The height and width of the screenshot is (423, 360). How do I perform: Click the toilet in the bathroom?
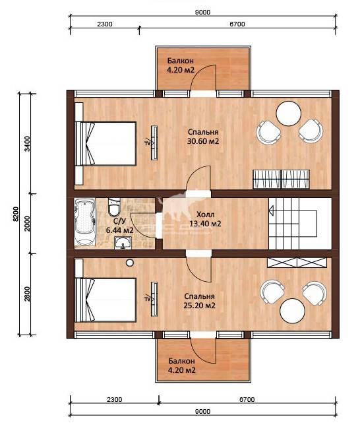[x=114, y=207]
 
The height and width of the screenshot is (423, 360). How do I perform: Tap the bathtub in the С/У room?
[x=85, y=222]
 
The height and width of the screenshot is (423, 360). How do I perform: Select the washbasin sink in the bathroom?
[x=123, y=242]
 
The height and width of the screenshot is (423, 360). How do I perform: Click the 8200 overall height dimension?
[x=15, y=214]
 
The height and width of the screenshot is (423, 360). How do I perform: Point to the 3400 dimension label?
[x=27, y=144]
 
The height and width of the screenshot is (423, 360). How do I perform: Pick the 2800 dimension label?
[x=27, y=294]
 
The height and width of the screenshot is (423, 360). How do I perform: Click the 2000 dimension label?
[x=27, y=224]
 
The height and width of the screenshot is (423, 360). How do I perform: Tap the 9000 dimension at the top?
[x=203, y=12]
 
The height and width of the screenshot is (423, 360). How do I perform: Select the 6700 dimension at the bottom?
[x=247, y=399]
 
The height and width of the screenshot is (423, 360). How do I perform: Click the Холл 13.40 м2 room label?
[x=205, y=219]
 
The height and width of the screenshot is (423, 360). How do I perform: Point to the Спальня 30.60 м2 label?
[x=203, y=137]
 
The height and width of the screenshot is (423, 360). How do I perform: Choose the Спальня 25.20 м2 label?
[x=199, y=301]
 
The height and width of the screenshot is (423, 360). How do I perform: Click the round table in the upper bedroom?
[x=289, y=114]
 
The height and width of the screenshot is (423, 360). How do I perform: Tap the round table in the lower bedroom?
[x=293, y=311]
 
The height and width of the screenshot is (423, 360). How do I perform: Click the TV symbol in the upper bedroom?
[x=152, y=143]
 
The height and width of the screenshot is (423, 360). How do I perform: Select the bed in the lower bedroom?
[x=105, y=300]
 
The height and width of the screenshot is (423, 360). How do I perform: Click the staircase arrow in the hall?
[x=271, y=211]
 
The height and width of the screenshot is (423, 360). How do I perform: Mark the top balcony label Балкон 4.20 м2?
[x=181, y=65]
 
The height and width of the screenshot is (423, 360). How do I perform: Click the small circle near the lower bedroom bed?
[x=130, y=263]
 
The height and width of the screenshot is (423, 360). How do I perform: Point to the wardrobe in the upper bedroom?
[x=281, y=179]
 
